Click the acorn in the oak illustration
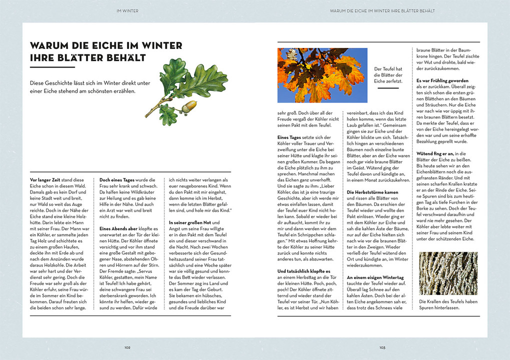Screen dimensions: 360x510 point(188,106)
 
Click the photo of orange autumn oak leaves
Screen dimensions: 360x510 point(322,75)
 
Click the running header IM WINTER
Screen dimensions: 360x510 point(127,10)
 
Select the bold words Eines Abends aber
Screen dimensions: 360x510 point(118,228)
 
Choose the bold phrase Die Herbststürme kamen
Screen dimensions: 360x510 point(373,192)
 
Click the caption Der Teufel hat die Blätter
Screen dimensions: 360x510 point(388,74)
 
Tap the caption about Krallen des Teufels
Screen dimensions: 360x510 point(447,304)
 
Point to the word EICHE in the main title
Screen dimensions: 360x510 point(100,45)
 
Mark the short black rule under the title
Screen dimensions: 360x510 point(52,67)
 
